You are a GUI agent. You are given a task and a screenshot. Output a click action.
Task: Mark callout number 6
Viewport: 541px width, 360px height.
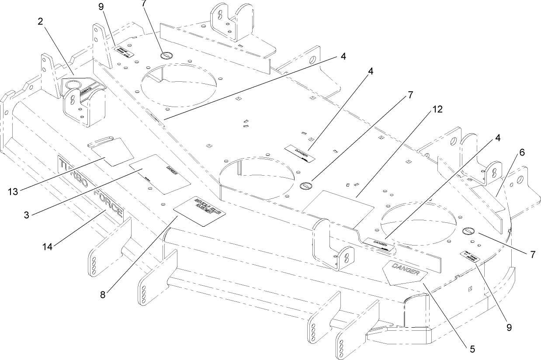(x=522, y=152)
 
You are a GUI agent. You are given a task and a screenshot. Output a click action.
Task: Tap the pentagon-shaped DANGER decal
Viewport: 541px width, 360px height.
(x=403, y=273)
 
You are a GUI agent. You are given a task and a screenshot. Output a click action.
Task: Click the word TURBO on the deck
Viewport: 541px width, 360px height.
(x=73, y=172)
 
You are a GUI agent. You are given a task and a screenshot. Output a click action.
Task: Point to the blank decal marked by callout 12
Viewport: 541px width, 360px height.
(x=341, y=204)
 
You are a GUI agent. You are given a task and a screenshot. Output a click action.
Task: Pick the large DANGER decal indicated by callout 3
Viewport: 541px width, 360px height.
(x=160, y=174)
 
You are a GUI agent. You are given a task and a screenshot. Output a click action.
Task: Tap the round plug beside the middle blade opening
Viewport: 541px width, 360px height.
(x=305, y=186)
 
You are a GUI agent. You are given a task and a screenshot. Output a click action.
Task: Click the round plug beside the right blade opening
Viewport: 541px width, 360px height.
(x=468, y=230)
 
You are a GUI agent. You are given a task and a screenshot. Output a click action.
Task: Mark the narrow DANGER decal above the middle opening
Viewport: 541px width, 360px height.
(x=302, y=152)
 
